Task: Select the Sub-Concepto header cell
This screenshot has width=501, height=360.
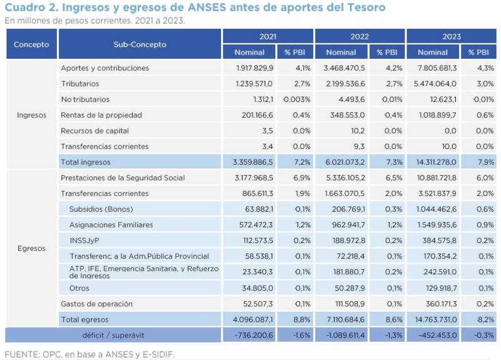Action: coord(140,44)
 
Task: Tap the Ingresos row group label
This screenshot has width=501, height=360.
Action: coord(31,115)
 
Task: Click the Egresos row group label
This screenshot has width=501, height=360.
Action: coord(31,249)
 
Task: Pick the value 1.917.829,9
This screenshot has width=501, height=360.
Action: coord(255,68)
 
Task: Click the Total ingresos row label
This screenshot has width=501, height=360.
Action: coord(86,162)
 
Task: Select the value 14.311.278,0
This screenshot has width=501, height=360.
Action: coord(433,162)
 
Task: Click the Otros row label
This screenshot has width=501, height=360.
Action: coord(80,288)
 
